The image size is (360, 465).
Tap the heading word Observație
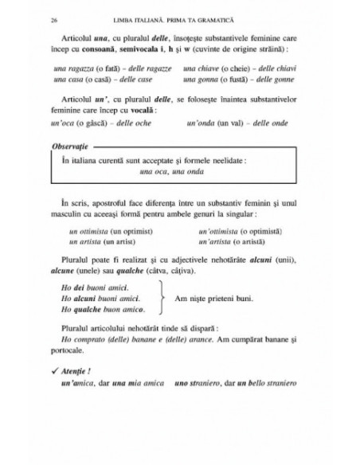[72, 149]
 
